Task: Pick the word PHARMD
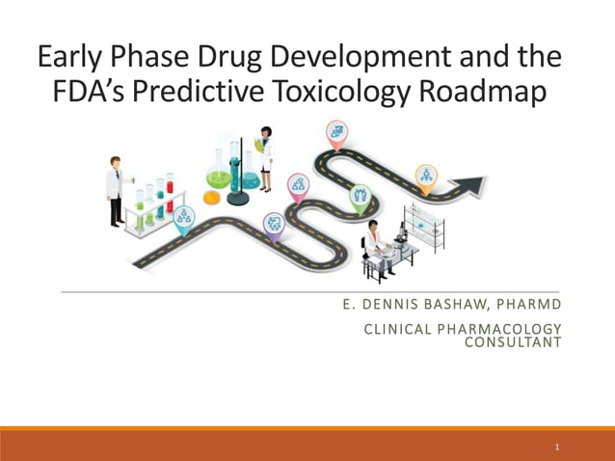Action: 526,307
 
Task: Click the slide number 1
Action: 557,447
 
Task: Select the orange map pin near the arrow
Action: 426,175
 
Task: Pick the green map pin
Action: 360,198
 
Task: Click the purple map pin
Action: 274,224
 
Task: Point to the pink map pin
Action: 299,183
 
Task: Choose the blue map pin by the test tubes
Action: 183,217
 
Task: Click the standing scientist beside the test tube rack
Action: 116,189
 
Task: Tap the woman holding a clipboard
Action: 264,154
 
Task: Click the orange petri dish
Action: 211,197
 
